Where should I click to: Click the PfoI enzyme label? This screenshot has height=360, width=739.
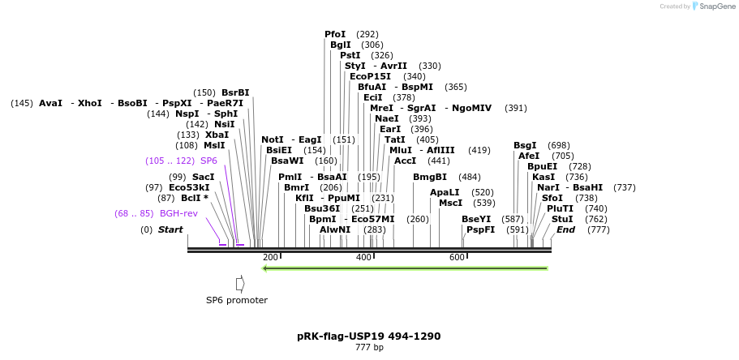(x=335, y=34)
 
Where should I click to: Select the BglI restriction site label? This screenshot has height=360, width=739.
(x=341, y=45)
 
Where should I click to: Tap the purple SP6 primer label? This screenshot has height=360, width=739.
(x=208, y=161)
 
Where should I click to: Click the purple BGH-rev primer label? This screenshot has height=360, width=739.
(x=178, y=213)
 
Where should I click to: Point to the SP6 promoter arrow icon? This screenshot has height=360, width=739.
(x=240, y=284)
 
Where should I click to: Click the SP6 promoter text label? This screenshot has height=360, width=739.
(x=237, y=300)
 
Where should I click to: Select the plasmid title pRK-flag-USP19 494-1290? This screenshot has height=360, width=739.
(x=369, y=336)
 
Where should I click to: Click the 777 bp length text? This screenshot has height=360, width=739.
(x=369, y=347)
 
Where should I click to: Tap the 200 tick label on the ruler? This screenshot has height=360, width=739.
(x=270, y=257)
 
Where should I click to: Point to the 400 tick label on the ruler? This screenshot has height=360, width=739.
(x=363, y=257)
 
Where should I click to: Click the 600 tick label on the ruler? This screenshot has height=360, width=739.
(x=457, y=257)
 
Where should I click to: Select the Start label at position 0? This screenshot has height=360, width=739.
(x=170, y=229)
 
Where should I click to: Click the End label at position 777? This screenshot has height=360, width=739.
(x=565, y=229)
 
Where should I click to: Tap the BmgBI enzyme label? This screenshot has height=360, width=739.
(x=430, y=177)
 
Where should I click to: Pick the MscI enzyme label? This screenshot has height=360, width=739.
(x=451, y=203)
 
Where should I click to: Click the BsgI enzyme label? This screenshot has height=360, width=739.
(x=525, y=145)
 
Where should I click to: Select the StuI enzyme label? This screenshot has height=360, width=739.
(x=562, y=219)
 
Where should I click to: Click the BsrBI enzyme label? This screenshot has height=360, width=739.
(x=235, y=92)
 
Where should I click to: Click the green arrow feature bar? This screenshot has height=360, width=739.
(x=406, y=268)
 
